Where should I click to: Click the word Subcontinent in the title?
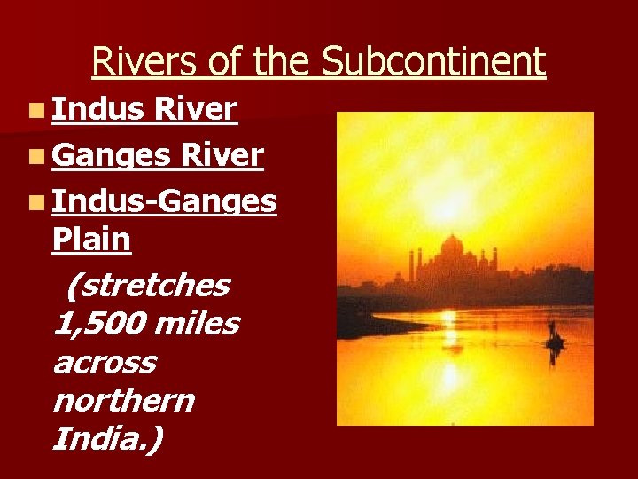[433, 62]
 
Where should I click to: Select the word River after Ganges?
[222, 156]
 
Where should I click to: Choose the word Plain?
[91, 239]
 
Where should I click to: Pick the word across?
[104, 363]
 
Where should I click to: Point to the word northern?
[123, 401]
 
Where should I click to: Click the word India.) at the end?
[107, 438]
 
